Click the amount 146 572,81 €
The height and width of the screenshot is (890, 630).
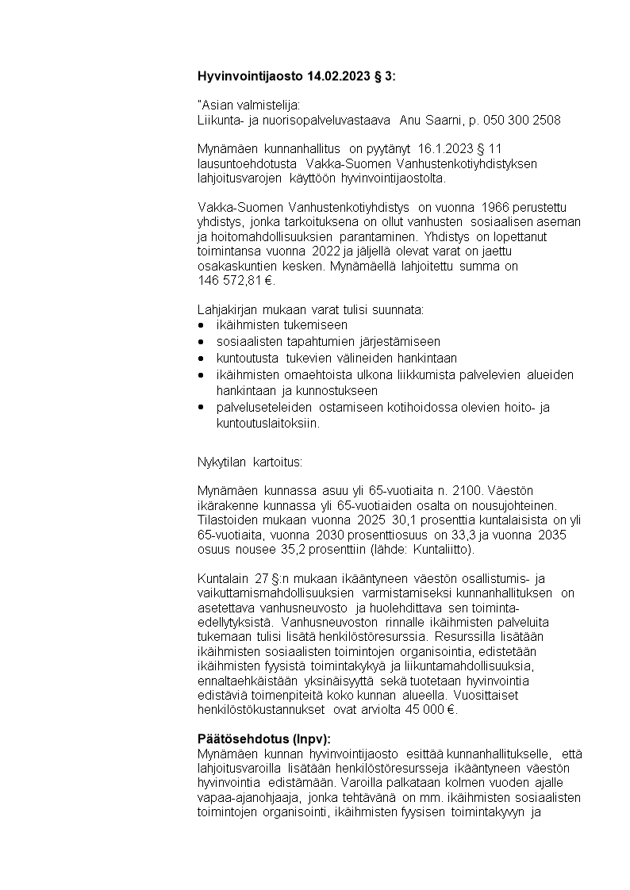coord(235,280)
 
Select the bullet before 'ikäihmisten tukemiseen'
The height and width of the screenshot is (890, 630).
coord(201,325)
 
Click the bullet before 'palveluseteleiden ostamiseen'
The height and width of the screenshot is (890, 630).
coord(201,407)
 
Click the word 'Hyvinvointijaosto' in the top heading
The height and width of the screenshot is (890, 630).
coord(246,77)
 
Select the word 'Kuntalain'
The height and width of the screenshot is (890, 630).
coord(223,577)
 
